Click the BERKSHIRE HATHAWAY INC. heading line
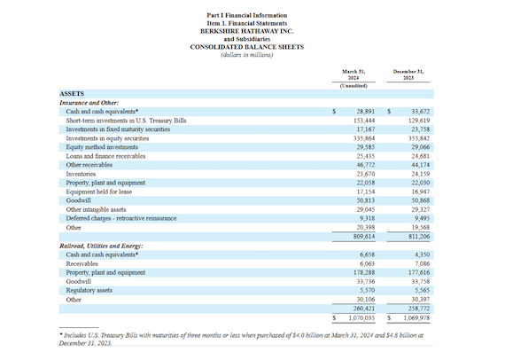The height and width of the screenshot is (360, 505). point(246,31)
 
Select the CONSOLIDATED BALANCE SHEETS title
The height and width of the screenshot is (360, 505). point(246,47)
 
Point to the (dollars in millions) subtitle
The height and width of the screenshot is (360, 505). point(246,55)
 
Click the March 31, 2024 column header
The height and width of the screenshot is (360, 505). point(353,74)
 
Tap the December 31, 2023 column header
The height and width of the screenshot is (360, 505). point(408,74)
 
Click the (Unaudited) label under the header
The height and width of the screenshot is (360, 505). point(353,86)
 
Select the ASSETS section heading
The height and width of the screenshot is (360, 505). point(72,94)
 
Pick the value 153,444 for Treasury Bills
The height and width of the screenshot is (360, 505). point(364,121)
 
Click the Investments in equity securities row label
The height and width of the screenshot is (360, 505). point(107,138)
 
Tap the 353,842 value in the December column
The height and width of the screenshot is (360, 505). point(419,138)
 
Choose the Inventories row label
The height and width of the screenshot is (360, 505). point(81,174)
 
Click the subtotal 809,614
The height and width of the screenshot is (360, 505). point(364,237)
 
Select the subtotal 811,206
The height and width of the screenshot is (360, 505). point(419,237)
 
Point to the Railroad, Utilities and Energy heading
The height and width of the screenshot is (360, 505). point(102,246)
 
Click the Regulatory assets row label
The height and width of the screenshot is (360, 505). point(89,290)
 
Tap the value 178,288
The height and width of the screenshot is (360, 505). point(364,272)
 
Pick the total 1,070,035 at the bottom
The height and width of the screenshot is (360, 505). point(361,318)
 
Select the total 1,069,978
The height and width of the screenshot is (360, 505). point(416,318)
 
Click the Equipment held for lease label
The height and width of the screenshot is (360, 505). point(99,192)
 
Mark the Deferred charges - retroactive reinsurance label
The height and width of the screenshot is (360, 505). point(121,218)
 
